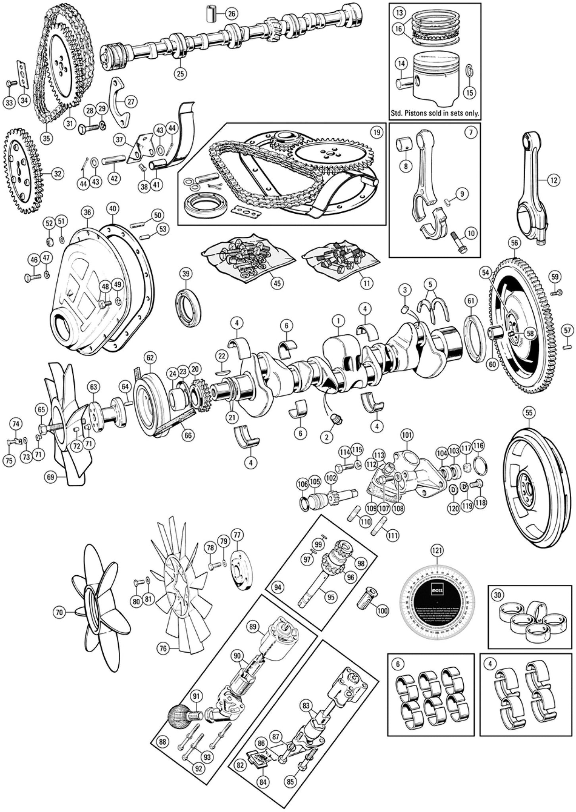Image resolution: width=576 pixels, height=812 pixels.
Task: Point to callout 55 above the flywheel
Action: point(528,412)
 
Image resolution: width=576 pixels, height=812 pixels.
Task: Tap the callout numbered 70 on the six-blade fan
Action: point(59,613)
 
